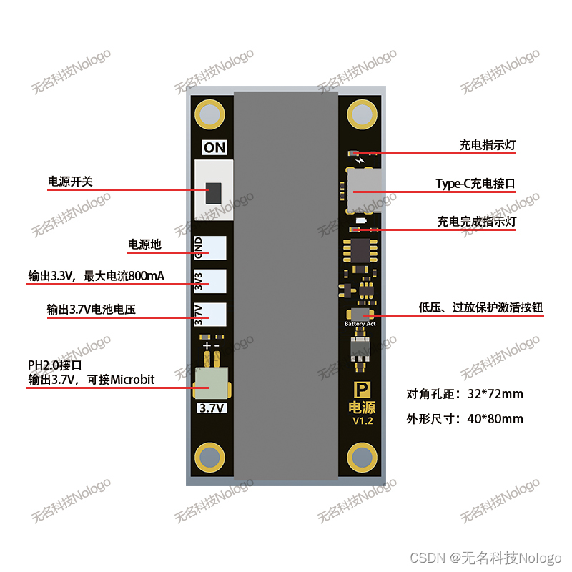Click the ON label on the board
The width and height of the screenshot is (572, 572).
pyautogui.click(x=214, y=148)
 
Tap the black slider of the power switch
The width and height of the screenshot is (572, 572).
pyautogui.click(x=213, y=193)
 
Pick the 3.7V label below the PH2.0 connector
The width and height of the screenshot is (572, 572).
pyautogui.click(x=212, y=408)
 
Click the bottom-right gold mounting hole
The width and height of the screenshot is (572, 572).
pyautogui.click(x=362, y=458)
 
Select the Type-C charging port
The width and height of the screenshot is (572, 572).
pyautogui.click(x=363, y=189)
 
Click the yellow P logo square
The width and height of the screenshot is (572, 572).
pyautogui.click(x=363, y=391)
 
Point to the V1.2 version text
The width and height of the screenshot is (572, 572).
pyautogui.click(x=363, y=421)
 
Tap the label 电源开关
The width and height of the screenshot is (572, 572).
pyautogui.click(x=70, y=182)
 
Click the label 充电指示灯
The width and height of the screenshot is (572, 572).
pyautogui.click(x=487, y=145)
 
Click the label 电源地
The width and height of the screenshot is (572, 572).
pyautogui.click(x=144, y=245)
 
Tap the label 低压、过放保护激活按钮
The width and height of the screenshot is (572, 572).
pyautogui.click(x=480, y=308)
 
